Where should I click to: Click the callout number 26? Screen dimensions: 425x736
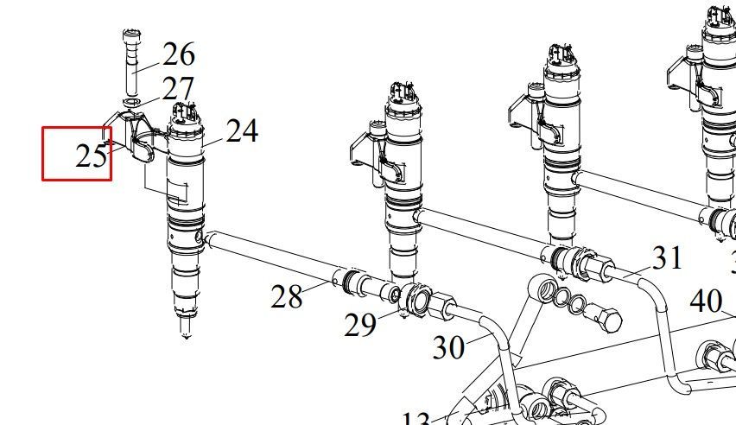(178, 54)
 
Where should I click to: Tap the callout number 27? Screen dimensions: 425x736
(178, 88)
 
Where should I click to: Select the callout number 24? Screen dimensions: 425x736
(242, 130)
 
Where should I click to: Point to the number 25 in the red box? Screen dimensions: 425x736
(91, 156)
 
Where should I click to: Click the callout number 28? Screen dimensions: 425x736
(287, 296)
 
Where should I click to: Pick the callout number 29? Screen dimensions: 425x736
(360, 324)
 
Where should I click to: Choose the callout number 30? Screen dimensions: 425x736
(448, 346)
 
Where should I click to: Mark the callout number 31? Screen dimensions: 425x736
(666, 257)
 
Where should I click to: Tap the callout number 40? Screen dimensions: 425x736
(706, 301)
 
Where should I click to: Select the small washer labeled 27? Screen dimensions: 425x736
(132, 104)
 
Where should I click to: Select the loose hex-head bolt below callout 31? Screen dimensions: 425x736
(609, 320)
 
